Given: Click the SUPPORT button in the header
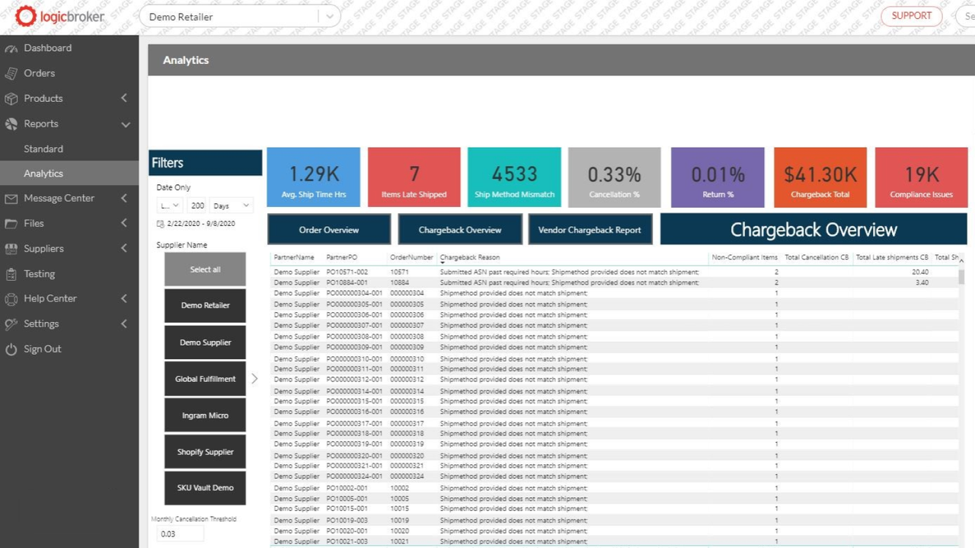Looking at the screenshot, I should (911, 16).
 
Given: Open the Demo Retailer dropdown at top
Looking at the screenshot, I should (239, 17).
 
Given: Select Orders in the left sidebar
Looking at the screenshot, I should (39, 73).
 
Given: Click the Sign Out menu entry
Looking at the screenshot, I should (42, 349).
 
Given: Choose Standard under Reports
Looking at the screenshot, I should (43, 149).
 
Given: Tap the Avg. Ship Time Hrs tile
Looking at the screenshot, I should (313, 177).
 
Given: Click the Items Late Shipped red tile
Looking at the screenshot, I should (414, 177).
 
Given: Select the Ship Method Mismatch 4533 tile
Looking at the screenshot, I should (514, 177).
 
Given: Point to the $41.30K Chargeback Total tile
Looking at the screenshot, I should (820, 177).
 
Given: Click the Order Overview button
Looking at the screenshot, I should (328, 230).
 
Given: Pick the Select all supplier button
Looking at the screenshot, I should (205, 269).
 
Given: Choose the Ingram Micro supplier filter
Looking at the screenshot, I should (205, 416).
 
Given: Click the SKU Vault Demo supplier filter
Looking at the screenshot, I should (205, 488).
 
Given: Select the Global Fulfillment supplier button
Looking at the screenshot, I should (205, 379).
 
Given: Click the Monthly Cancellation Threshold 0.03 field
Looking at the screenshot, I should (180, 534).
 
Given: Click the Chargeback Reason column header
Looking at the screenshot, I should (469, 257).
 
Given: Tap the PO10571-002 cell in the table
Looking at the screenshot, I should (347, 272).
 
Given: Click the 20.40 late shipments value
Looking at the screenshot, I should (919, 272).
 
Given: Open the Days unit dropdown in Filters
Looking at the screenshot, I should (231, 205).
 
